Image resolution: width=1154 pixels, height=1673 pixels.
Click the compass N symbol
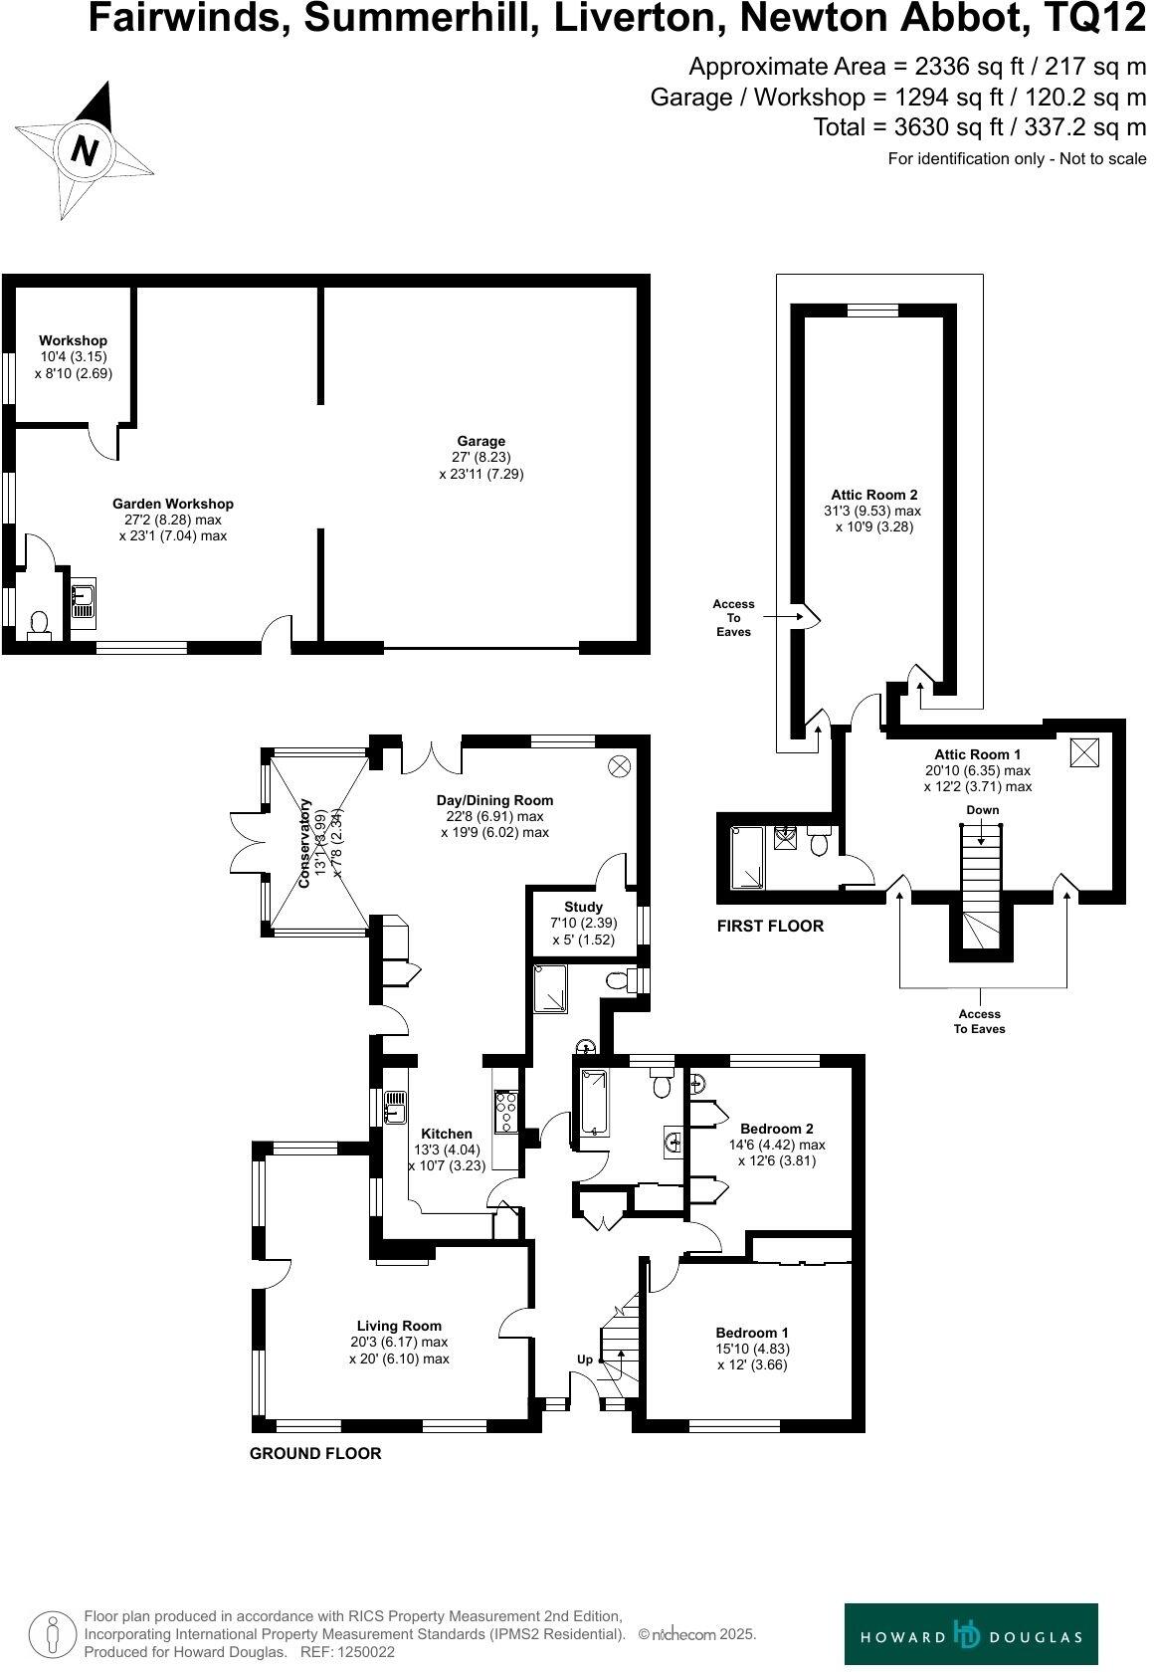85,151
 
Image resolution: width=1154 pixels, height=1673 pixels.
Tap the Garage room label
481,441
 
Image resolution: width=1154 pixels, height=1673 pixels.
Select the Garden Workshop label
172,504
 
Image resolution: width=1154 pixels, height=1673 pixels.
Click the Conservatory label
306,842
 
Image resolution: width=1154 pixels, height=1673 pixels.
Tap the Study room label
583,907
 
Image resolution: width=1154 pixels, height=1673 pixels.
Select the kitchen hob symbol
505,1111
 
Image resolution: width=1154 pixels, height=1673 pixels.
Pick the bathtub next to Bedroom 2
592,1104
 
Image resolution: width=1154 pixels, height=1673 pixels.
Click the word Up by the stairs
585,1359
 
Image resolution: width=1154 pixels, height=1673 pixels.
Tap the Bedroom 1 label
752,1333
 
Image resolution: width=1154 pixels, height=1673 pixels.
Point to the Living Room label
399,1326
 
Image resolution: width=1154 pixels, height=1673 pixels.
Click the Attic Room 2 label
873,495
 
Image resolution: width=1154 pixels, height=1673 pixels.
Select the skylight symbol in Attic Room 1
1084,751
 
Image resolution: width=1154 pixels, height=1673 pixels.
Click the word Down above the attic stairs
982,809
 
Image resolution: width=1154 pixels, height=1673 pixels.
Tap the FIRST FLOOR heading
770,926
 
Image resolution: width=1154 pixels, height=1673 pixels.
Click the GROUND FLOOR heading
314,1453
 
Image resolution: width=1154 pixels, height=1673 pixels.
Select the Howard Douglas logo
971,1634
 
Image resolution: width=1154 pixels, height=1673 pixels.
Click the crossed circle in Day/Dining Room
620,765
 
